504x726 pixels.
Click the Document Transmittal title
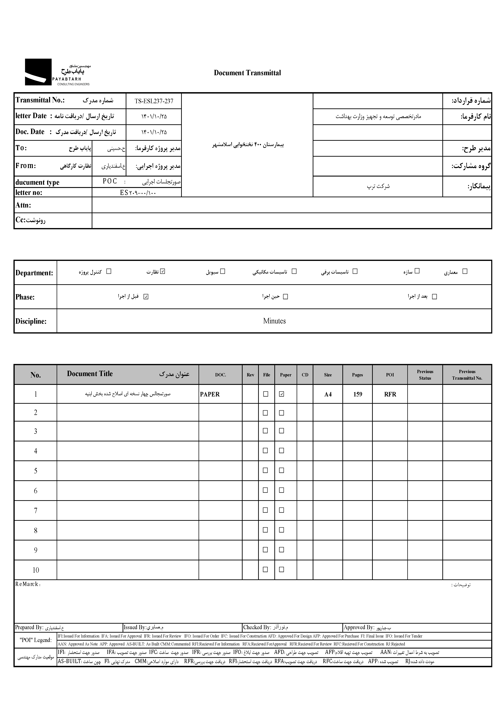247,73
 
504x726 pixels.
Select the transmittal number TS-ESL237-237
154,101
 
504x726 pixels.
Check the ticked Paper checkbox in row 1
281,394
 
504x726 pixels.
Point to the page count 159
357,394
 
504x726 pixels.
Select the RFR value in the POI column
390,394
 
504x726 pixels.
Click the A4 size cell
328,394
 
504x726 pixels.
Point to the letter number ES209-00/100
138,193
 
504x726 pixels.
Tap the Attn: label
23,205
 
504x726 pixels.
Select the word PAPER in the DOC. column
210,394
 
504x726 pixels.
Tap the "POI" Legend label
35,640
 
